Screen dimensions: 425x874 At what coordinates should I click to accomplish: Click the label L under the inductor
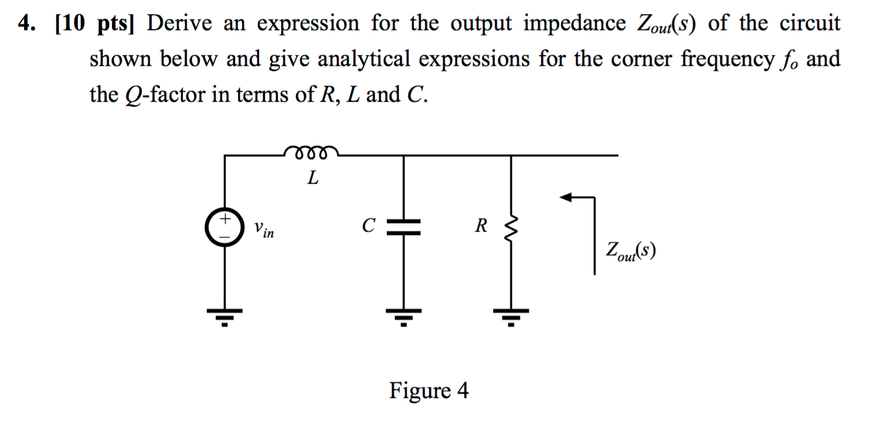pos(312,178)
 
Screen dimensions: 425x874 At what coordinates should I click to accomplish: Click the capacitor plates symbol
pos(404,227)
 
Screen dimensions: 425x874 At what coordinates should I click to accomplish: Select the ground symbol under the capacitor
pos(404,315)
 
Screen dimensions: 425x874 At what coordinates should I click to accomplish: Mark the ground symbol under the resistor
pos(510,315)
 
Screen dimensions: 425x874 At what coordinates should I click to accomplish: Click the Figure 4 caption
pos(429,391)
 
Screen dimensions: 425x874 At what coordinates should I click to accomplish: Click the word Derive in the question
pos(181,24)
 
